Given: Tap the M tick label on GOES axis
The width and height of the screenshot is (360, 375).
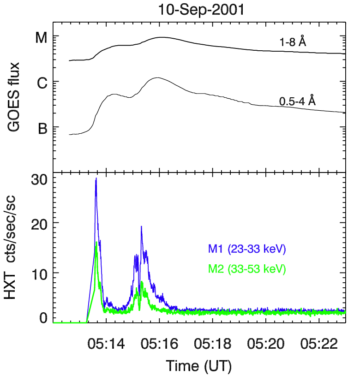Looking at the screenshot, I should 41,38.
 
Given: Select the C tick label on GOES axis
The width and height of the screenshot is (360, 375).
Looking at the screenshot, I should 41,83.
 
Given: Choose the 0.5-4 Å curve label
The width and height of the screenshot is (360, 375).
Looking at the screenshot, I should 297,101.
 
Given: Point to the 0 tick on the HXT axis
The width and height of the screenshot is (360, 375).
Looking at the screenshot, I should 42,317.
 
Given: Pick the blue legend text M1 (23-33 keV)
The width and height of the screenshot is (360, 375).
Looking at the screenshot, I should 247,250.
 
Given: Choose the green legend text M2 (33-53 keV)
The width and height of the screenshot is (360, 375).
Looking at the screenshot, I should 247,268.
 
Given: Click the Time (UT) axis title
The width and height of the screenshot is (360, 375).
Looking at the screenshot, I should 199,366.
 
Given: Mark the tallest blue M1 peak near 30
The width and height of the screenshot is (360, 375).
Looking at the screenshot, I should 96,179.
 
